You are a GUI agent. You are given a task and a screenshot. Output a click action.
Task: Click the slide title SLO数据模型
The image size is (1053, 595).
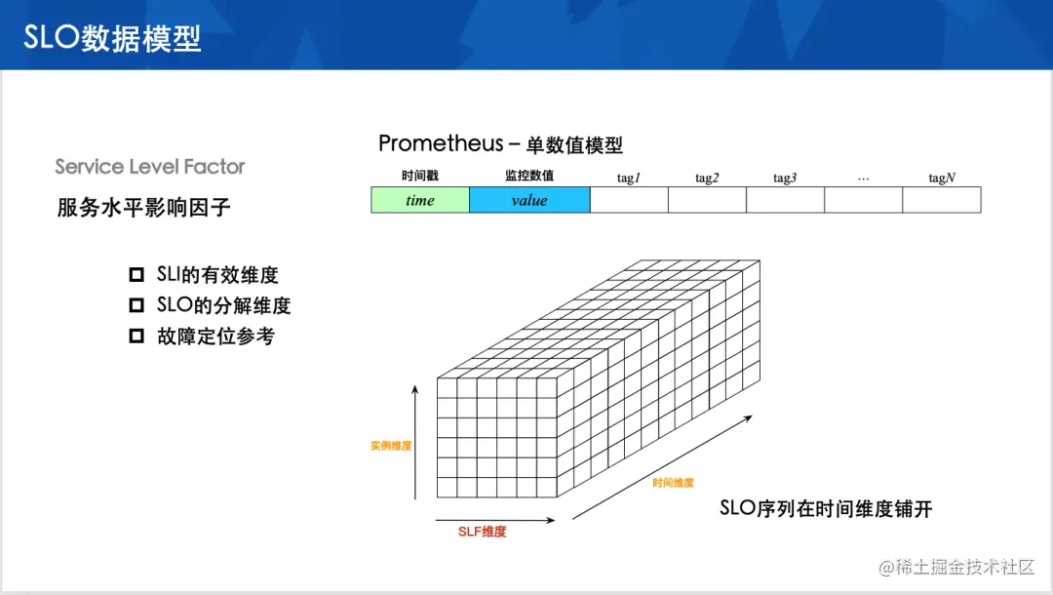[x=112, y=38]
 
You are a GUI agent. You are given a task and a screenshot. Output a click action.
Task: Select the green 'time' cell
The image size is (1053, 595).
[x=420, y=200]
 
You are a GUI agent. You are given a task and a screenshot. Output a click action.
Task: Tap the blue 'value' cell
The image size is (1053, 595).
[x=529, y=200]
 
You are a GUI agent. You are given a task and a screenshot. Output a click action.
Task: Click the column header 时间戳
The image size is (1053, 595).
[x=419, y=176]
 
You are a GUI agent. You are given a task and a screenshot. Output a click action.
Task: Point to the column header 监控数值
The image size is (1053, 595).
[x=529, y=176]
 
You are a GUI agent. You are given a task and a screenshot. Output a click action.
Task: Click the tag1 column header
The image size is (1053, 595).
[x=629, y=178]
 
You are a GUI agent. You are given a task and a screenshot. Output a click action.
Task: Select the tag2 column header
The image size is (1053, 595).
[x=707, y=178]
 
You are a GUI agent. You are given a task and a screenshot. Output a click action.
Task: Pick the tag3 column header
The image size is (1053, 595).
[x=784, y=178]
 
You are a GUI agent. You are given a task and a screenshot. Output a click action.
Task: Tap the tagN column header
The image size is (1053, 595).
[x=942, y=178]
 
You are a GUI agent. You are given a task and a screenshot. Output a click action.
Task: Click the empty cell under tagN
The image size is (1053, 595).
[x=942, y=200]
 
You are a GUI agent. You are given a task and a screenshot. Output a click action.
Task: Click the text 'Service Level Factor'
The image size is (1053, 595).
[x=150, y=167]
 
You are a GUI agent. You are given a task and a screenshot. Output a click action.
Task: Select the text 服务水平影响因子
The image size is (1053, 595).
[x=143, y=208]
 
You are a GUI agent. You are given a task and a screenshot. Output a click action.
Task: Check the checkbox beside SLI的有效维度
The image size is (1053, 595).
[x=136, y=274]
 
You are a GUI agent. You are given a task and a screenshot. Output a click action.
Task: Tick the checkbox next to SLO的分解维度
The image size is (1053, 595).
[x=136, y=305]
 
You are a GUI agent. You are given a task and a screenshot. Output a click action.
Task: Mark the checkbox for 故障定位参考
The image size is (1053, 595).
[x=136, y=336]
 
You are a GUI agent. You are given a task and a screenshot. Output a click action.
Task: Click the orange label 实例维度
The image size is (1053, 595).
[x=391, y=446]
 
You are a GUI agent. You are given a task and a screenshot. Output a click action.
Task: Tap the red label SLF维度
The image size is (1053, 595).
[x=483, y=532]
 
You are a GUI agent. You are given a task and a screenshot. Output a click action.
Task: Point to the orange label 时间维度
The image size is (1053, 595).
[x=673, y=483]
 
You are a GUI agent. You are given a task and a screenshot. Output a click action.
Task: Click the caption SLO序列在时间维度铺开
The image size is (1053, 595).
[x=826, y=508]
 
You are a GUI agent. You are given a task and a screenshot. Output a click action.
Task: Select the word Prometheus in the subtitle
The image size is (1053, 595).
[x=441, y=143]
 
